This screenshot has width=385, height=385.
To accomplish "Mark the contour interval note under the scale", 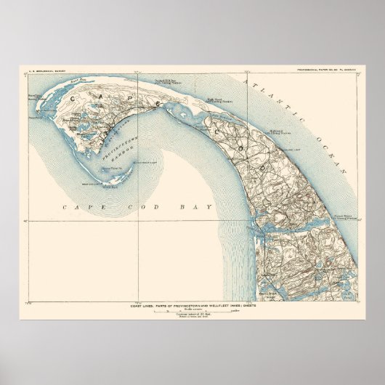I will click(193, 322).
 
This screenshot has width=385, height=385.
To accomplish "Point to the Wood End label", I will click(110, 187).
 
